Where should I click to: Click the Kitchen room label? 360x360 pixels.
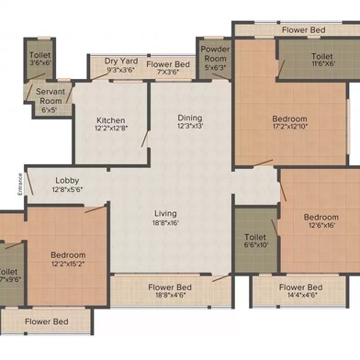click(x=110, y=121)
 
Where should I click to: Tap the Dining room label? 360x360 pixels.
click(x=190, y=118)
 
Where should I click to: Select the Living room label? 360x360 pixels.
click(x=164, y=214)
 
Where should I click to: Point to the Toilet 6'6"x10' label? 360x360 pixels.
click(x=254, y=235)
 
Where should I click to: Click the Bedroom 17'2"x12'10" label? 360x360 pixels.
click(x=291, y=118)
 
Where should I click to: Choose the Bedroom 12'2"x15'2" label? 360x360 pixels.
click(x=68, y=255)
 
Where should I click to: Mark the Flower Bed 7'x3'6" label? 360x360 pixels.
click(x=168, y=64)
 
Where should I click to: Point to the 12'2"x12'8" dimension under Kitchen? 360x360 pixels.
click(x=110, y=130)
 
